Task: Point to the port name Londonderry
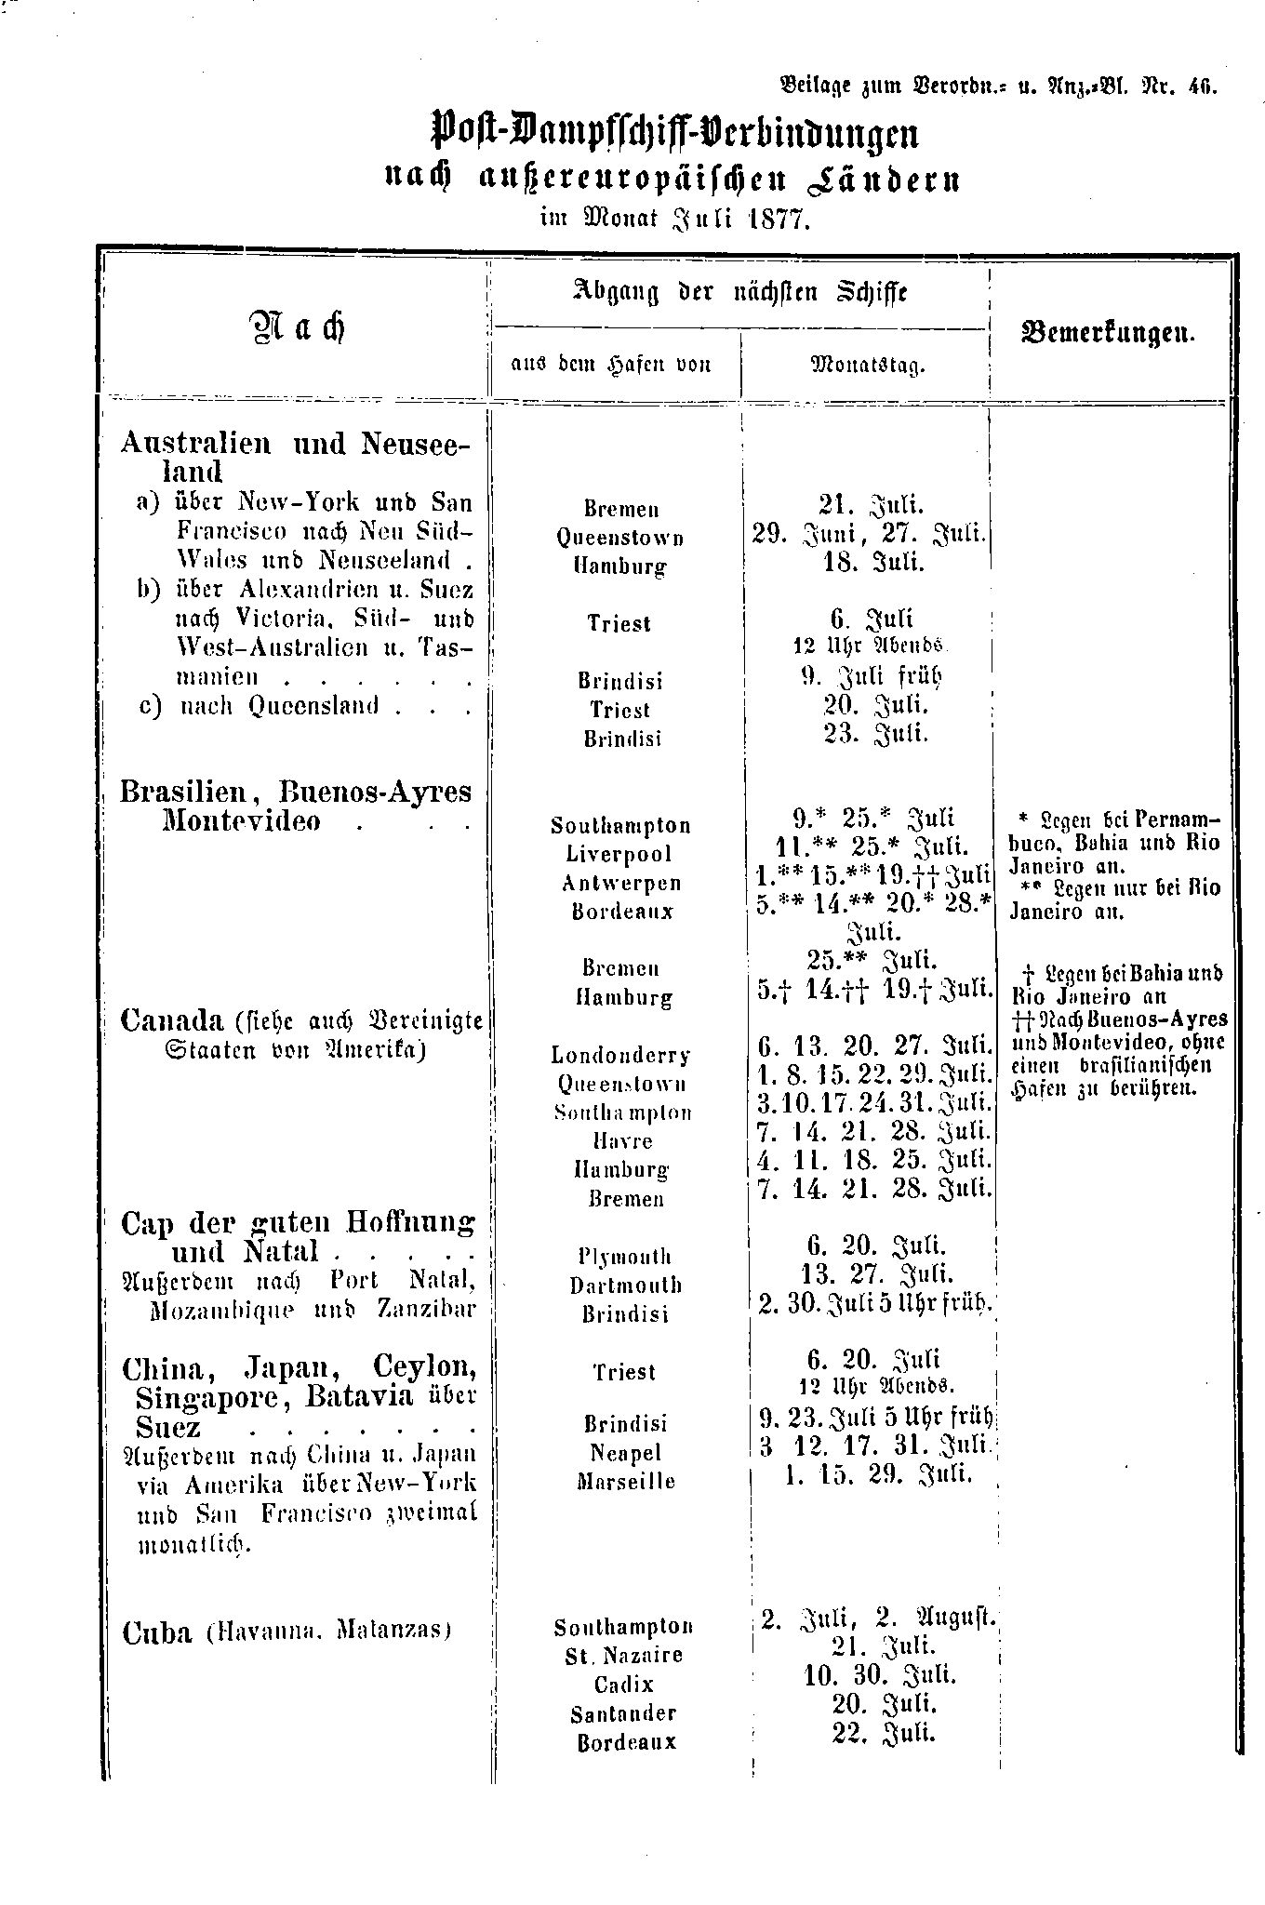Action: coord(620,1055)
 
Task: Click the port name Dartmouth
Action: coord(625,1285)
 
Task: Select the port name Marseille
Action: coord(624,1481)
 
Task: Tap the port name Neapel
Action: coord(624,1452)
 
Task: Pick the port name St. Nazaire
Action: coord(624,1656)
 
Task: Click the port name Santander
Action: coord(624,1713)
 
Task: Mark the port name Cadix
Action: coord(624,1685)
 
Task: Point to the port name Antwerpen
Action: coord(620,883)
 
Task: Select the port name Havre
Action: coord(622,1140)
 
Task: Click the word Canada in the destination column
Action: coord(172,1020)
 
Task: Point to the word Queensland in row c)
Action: coord(315,706)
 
